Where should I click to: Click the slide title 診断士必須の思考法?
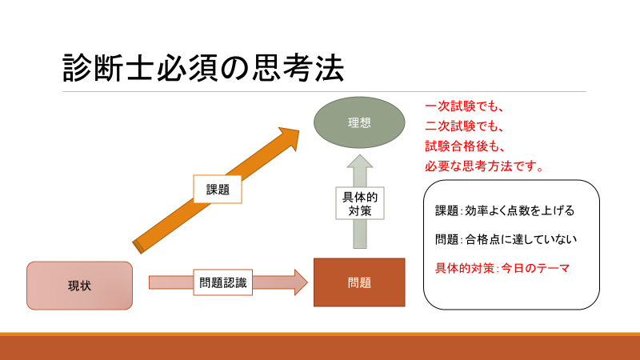coord(203,69)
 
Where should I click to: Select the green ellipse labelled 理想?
coord(359,123)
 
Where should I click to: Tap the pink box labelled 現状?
coord(79,286)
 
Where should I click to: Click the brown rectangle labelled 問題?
coord(359,282)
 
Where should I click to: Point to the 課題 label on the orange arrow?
coord(218,190)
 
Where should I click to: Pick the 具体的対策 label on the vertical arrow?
coord(359,203)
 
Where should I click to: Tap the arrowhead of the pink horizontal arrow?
coord(300,282)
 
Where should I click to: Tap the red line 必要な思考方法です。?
coord(484,167)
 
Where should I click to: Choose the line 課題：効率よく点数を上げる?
coord(505,211)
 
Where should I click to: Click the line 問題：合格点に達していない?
coord(506,239)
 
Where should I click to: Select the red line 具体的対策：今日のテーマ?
coord(502,268)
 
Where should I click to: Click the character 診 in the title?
coord(78,69)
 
